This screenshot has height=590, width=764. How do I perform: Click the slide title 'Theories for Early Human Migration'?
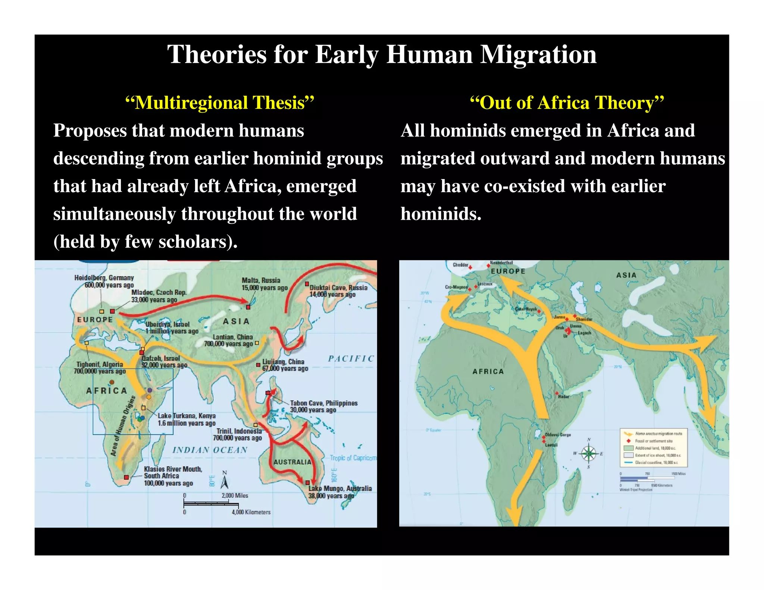click(x=382, y=54)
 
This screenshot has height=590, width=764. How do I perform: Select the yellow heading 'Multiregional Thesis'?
click(x=220, y=103)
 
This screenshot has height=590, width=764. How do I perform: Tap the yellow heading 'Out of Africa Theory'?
click(x=567, y=103)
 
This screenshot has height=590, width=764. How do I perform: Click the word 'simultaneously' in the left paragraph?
click(x=115, y=214)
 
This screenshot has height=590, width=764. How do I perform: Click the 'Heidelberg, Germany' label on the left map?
click(x=104, y=278)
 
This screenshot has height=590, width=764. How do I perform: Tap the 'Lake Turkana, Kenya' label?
click(x=187, y=416)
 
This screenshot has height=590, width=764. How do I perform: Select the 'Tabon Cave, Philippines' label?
click(x=323, y=403)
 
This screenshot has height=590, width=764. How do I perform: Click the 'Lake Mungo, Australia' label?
click(x=340, y=489)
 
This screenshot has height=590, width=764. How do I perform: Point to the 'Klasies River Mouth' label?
click(x=173, y=469)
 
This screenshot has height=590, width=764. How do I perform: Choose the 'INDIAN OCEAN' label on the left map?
click(x=210, y=450)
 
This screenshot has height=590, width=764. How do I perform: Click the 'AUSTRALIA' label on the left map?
click(x=292, y=462)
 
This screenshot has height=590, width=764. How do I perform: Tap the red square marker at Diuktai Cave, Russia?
click(x=307, y=284)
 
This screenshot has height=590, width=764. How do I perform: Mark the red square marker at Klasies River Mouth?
click(x=126, y=477)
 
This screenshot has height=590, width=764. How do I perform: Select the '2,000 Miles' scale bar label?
click(x=235, y=496)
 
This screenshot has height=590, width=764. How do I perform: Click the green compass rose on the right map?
click(x=589, y=454)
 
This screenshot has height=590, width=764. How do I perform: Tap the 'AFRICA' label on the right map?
click(x=488, y=371)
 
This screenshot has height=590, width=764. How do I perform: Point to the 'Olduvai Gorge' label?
click(x=558, y=435)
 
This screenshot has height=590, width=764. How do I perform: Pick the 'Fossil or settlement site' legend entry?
click(x=654, y=441)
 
